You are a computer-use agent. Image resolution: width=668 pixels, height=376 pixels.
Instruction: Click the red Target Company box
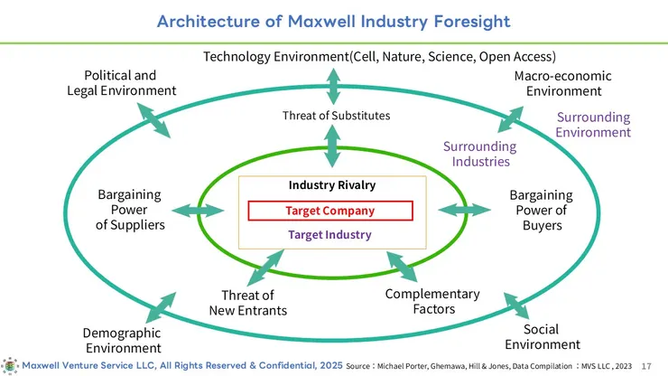click(x=330, y=211)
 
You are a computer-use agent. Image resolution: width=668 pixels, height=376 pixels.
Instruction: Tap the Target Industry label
click(x=329, y=235)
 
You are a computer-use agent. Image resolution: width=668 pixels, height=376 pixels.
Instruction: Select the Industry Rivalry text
click(x=332, y=185)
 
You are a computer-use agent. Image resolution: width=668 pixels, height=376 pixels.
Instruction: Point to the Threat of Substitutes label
click(x=336, y=116)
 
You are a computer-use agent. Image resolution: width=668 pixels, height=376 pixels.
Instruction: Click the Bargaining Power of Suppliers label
click(x=130, y=210)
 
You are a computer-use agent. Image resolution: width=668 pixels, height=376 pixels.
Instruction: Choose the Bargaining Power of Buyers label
click(x=542, y=210)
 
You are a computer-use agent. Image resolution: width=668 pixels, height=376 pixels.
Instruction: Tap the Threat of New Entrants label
click(x=248, y=303)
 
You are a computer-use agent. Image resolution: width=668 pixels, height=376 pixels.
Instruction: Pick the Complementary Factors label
click(x=432, y=301)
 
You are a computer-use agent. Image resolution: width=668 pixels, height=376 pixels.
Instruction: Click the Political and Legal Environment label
click(x=122, y=83)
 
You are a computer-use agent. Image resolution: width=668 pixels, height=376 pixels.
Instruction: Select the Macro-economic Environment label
click(x=563, y=83)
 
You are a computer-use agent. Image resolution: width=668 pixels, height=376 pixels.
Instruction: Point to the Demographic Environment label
click(x=123, y=340)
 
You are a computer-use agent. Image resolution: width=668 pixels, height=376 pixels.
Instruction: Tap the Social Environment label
click(x=543, y=337)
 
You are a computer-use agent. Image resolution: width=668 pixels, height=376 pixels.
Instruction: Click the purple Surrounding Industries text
click(x=480, y=154)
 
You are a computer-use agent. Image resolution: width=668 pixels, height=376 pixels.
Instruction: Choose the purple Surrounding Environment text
click(x=593, y=125)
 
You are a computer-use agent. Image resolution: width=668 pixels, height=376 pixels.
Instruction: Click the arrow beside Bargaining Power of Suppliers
click(x=198, y=211)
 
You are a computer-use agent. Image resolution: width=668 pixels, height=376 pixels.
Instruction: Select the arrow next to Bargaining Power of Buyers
click(x=464, y=210)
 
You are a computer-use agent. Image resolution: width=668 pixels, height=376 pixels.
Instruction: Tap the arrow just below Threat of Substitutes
click(x=332, y=146)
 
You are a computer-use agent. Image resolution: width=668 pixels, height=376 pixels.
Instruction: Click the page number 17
click(x=646, y=366)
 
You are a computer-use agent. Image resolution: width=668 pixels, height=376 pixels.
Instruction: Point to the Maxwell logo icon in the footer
click(x=9, y=366)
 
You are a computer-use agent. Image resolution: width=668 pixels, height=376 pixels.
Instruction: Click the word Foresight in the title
click(x=472, y=22)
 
